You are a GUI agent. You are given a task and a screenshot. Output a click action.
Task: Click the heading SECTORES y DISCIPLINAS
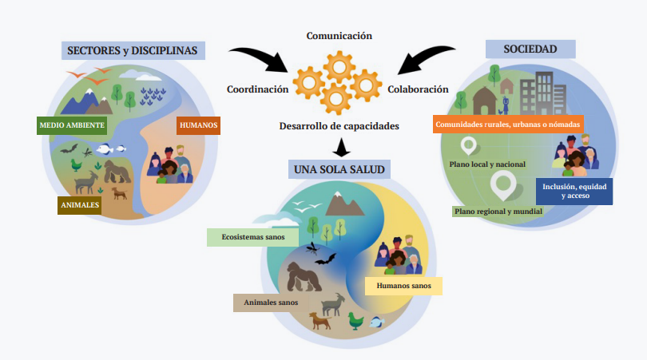point(133,51)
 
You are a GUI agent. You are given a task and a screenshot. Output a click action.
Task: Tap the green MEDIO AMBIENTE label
point(72,125)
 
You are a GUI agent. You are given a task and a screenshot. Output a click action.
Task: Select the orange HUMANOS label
point(198,125)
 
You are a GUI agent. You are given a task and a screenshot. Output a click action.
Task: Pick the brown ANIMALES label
point(80,205)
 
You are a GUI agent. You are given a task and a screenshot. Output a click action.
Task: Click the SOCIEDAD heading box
point(530,49)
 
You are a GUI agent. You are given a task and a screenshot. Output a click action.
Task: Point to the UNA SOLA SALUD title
point(339,169)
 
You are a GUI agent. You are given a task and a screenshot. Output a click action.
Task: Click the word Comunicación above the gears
point(339,36)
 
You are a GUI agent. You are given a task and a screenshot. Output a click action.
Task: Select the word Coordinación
point(257,89)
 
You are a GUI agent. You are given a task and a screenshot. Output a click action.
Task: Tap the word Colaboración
point(418,89)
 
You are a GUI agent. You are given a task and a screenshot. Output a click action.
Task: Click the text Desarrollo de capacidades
point(339,126)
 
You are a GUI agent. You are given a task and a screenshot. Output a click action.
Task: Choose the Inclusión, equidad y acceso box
point(574,192)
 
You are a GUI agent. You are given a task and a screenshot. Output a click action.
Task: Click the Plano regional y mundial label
point(498,212)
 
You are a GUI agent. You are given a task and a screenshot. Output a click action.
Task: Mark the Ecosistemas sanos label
point(252,237)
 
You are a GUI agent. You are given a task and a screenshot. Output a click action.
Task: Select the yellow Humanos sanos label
point(403,286)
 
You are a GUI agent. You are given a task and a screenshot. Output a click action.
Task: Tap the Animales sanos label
point(271,303)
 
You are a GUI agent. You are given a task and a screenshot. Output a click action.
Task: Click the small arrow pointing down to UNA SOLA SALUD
point(341,148)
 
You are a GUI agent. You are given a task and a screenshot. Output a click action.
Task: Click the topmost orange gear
point(339,67)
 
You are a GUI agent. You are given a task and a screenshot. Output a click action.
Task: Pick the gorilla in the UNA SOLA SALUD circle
point(304,277)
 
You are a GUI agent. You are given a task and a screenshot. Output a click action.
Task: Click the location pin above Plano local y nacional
point(468,145)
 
